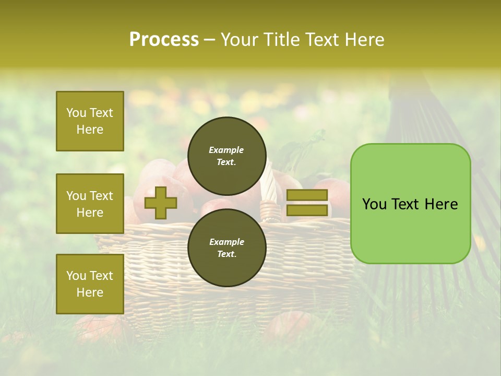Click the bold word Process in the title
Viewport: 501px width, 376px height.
(x=164, y=40)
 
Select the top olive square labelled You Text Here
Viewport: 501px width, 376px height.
(x=90, y=121)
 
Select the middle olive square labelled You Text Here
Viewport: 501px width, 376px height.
(x=90, y=204)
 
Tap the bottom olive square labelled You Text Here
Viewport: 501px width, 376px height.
(x=90, y=284)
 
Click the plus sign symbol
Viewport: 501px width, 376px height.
(x=161, y=203)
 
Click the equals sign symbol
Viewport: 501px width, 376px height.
(x=307, y=203)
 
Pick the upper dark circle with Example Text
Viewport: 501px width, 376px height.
(x=226, y=156)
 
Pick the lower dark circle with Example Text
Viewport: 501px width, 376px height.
(x=226, y=248)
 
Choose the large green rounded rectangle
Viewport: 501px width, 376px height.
(x=410, y=204)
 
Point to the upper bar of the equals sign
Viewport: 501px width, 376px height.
(x=307, y=195)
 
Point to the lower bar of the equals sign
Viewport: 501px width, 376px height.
(x=307, y=210)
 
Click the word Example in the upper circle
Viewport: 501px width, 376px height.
(x=226, y=150)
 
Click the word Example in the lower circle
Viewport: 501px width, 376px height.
(x=226, y=242)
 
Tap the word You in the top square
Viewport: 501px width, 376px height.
(x=76, y=113)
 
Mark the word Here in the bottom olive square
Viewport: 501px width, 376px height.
(x=90, y=292)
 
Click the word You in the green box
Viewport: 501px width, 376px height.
(x=375, y=204)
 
